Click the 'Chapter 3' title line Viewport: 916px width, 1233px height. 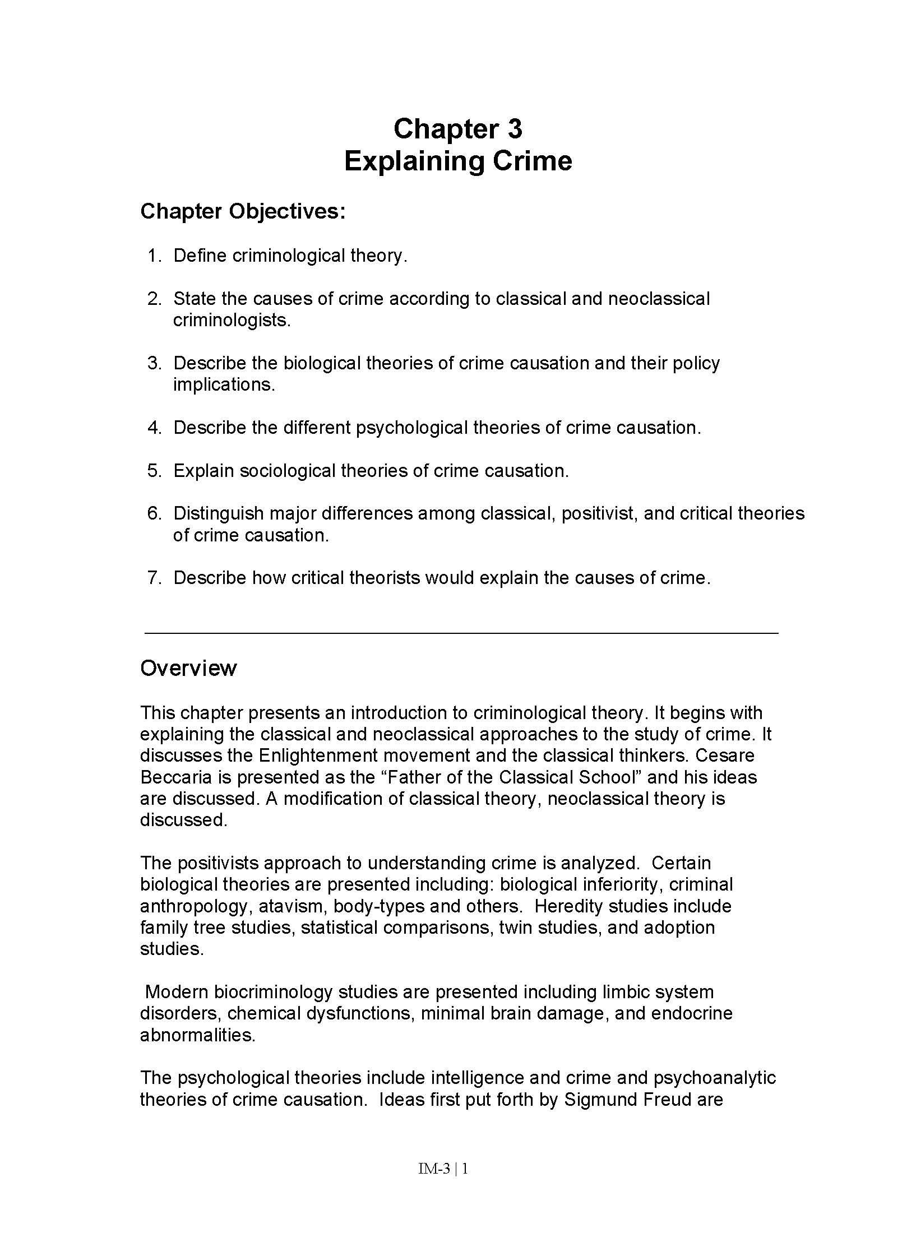pyautogui.click(x=457, y=129)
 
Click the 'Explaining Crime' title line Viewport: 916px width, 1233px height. pyautogui.click(x=457, y=161)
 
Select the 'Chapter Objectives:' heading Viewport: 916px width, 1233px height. pyautogui.click(x=243, y=212)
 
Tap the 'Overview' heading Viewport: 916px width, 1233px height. pyautogui.click(x=188, y=668)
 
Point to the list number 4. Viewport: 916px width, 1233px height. pyautogui.click(x=154, y=428)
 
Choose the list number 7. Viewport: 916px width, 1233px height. pyautogui.click(x=154, y=578)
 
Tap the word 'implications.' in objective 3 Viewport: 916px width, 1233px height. pyautogui.click(x=224, y=385)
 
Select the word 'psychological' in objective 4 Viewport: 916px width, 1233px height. pyautogui.click(x=411, y=428)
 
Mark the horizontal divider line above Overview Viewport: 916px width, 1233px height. pyautogui.click(x=461, y=633)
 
